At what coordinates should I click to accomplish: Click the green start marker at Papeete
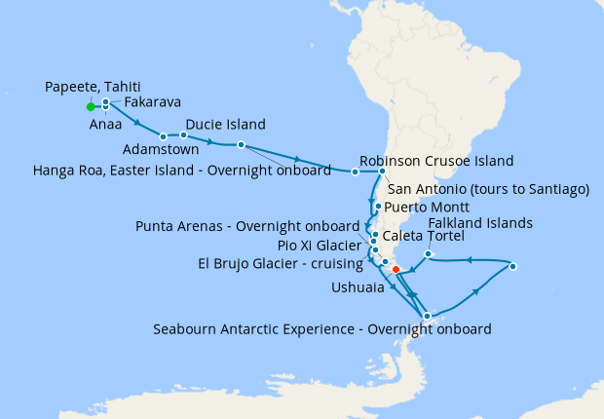[90, 106]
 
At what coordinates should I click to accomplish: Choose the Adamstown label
[161, 150]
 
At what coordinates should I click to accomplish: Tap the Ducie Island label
[225, 125]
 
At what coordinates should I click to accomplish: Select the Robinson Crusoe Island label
[436, 161]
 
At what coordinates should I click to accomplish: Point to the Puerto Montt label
[427, 208]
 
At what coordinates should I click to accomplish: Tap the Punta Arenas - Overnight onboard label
[246, 227]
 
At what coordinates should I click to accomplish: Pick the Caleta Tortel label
[424, 236]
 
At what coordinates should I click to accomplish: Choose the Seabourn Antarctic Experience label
[321, 328]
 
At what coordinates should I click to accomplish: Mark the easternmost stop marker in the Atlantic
[513, 266]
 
